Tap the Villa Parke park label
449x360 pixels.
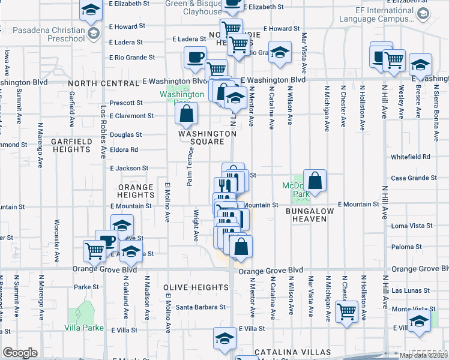tap(84, 328)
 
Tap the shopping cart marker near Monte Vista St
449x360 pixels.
tap(346, 311)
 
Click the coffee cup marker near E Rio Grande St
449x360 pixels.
tap(195, 58)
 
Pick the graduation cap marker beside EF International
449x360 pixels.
tap(423, 14)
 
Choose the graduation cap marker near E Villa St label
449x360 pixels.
tap(224, 339)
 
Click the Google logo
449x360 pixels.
tap(20, 353)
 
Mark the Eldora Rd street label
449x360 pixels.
tap(124, 149)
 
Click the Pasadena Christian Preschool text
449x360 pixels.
tap(42, 34)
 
